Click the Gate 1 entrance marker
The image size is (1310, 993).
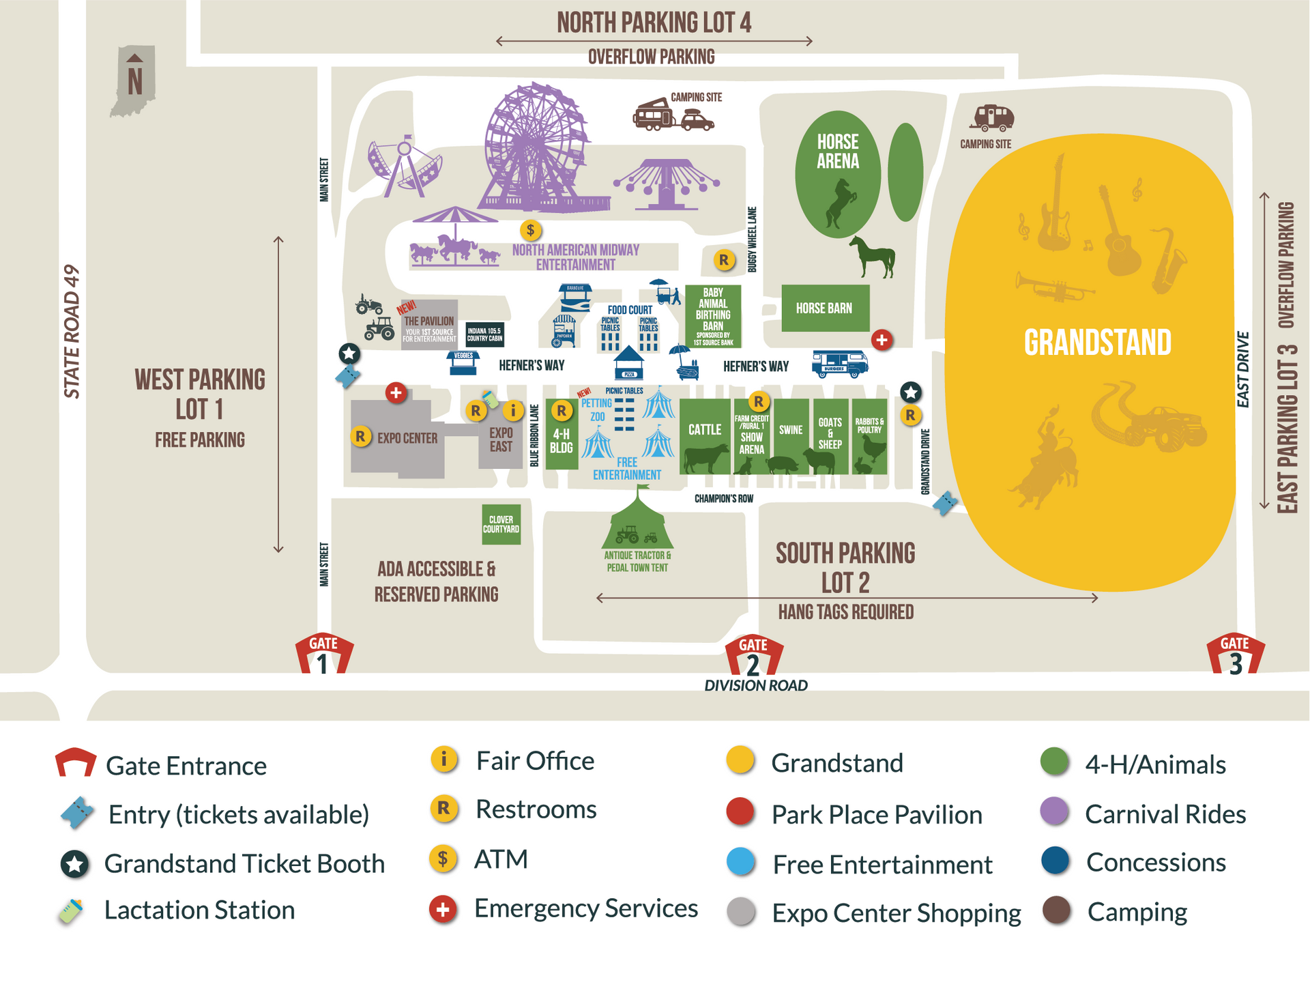pyautogui.click(x=323, y=653)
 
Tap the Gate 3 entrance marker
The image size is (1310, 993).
pyautogui.click(x=1235, y=654)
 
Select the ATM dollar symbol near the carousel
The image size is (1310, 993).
pyautogui.click(x=530, y=230)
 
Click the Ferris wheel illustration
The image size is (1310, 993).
pyautogui.click(x=536, y=147)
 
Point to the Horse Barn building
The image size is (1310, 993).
pyautogui.click(x=825, y=308)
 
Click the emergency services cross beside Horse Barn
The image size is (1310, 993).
pyautogui.click(x=882, y=339)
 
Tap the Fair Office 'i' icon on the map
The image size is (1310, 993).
pyautogui.click(x=512, y=410)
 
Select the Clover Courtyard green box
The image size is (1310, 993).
pyautogui.click(x=501, y=524)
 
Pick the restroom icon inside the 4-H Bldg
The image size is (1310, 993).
pyautogui.click(x=561, y=410)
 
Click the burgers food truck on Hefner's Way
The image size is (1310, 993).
pyautogui.click(x=839, y=363)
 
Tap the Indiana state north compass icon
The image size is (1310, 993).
pyautogui.click(x=134, y=81)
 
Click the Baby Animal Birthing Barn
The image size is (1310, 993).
pyautogui.click(x=712, y=316)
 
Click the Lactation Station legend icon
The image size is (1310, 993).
pyautogui.click(x=71, y=911)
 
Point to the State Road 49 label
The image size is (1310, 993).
pyautogui.click(x=71, y=331)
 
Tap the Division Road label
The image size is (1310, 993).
pyautogui.click(x=755, y=685)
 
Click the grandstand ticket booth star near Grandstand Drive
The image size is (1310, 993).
pyautogui.click(x=910, y=392)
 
